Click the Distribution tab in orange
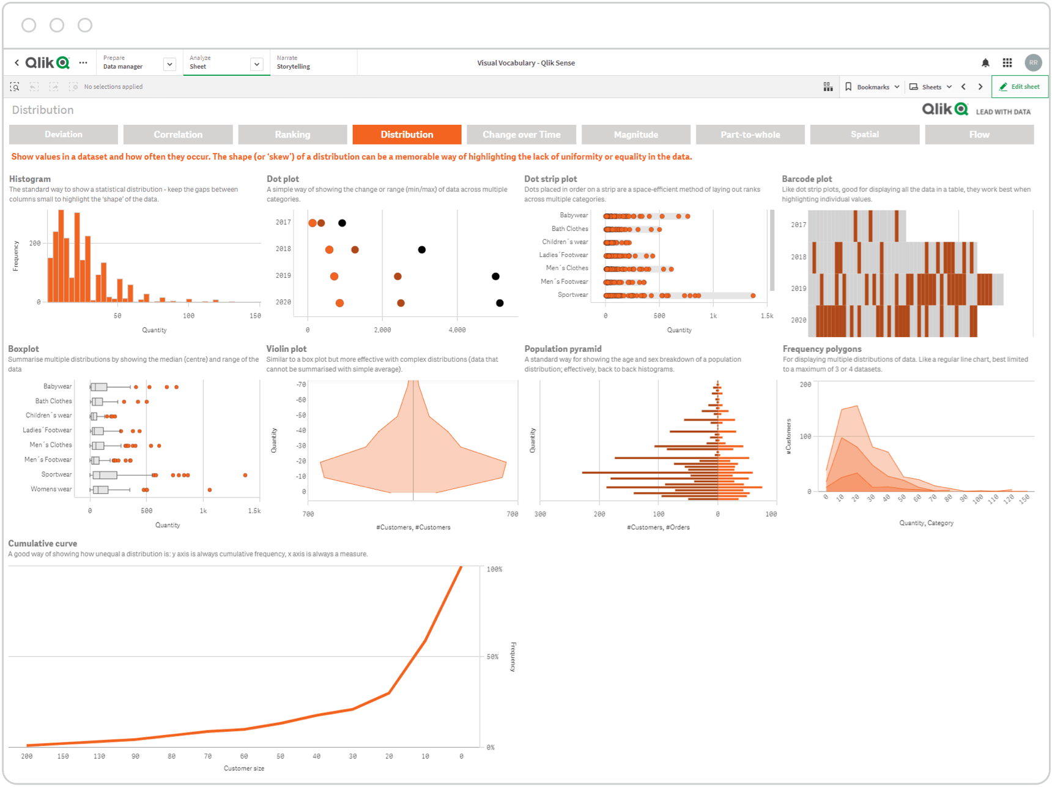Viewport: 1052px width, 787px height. coord(407,135)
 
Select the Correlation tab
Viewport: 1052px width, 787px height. coord(178,135)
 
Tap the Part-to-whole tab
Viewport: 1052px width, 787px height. coord(750,135)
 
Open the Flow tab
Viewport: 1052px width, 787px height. coord(979,135)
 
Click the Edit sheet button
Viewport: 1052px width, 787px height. coord(1020,87)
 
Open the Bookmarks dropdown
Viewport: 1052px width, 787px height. coord(873,87)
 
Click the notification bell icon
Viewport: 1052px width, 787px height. coord(985,63)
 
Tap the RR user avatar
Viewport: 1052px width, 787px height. coord(1033,62)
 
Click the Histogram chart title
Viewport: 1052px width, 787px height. coord(30,179)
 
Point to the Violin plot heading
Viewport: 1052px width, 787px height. coord(286,349)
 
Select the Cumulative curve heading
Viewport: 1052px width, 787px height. coord(43,543)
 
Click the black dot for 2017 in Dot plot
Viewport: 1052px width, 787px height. coord(342,223)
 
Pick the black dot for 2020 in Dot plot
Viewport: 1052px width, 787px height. coord(500,303)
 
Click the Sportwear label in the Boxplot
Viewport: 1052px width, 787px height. coord(56,474)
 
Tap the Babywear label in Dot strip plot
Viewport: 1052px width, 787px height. coord(574,215)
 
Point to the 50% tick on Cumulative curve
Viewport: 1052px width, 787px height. coord(493,657)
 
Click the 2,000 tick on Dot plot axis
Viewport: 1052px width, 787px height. coord(382,330)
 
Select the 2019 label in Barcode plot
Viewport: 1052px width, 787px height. coord(798,288)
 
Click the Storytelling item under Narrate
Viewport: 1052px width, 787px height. coord(293,67)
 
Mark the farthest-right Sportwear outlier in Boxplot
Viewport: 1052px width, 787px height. coord(245,475)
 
